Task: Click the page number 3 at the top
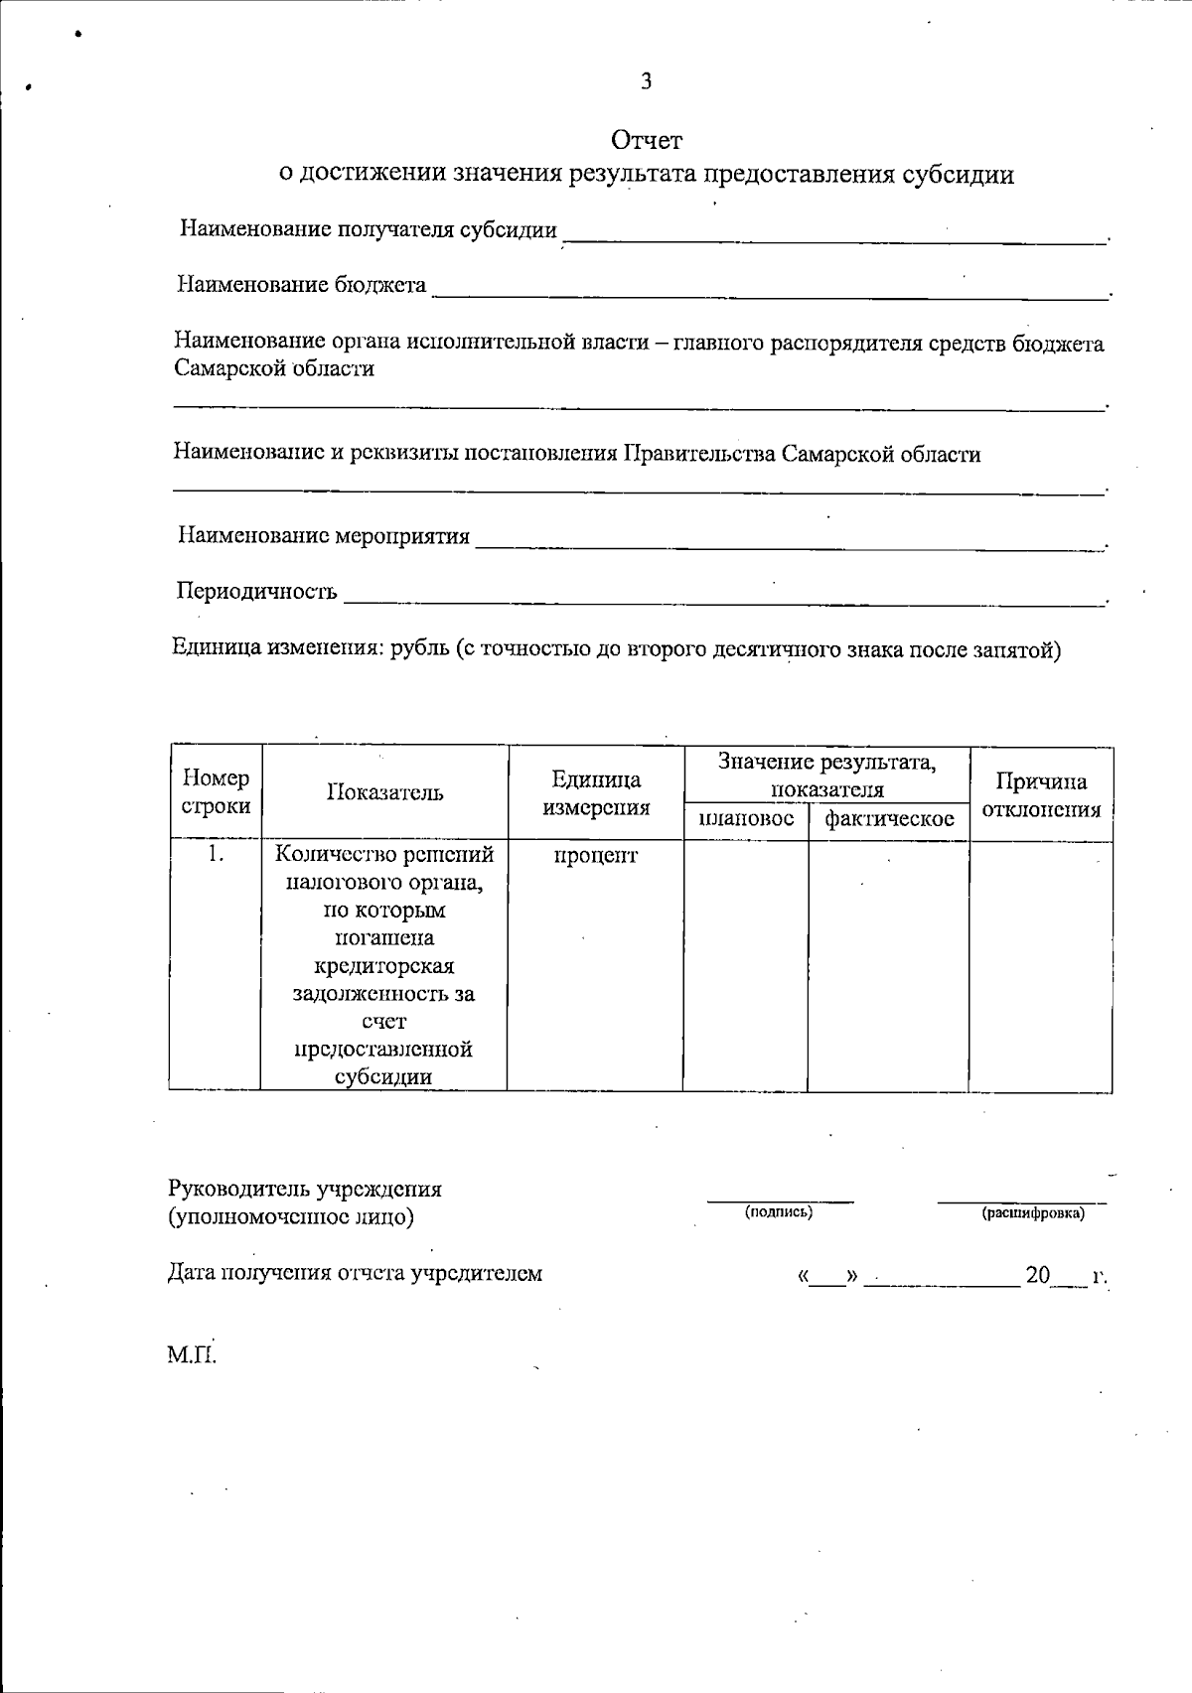(646, 81)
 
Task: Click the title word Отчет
(647, 140)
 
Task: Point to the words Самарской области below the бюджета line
(274, 368)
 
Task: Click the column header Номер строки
(216, 792)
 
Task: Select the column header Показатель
(384, 792)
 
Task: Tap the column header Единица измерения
(595, 793)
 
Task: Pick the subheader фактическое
(889, 819)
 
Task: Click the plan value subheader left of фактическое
(746, 819)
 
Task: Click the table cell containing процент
(595, 855)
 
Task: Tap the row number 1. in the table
(217, 854)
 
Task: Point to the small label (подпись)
(779, 1212)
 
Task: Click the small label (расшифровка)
(1033, 1213)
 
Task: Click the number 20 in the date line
(1037, 1275)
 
